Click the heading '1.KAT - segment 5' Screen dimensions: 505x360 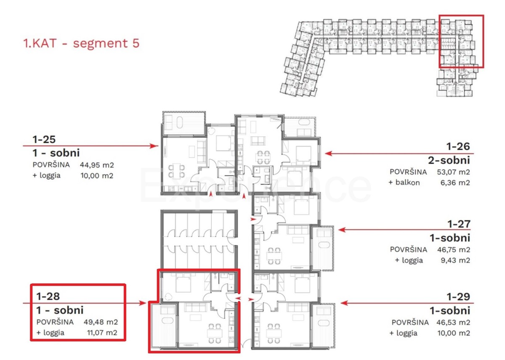tap(81, 43)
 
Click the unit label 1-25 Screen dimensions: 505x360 tap(44, 140)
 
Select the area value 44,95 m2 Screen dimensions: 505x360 tap(97, 165)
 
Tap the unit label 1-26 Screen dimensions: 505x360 tap(458, 146)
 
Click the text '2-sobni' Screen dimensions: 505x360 tap(449, 160)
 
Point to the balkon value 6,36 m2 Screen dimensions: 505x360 tap(455, 183)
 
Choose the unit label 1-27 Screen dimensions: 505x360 tap(459, 224)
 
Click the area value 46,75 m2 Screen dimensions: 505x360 tap(454, 250)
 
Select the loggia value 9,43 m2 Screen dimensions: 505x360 tap(456, 260)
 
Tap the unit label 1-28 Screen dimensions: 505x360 tap(48, 296)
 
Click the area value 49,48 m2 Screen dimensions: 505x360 tap(101, 322)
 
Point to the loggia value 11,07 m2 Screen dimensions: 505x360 tap(102, 333)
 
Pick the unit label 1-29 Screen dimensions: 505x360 tap(459, 296)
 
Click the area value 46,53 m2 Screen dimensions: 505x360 tap(453, 323)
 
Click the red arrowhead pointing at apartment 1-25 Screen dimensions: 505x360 tap(155, 146)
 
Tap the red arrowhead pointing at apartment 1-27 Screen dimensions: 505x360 tap(342, 230)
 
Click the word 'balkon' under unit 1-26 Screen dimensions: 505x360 tap(408, 182)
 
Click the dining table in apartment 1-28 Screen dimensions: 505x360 tap(214, 333)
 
